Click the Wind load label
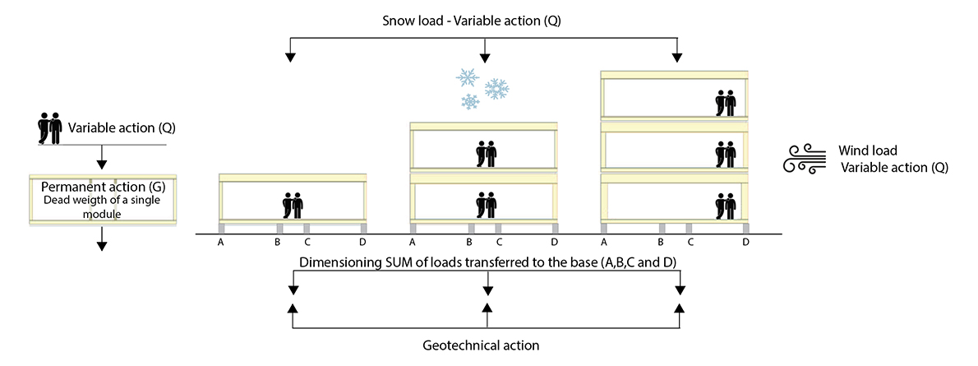point(867,151)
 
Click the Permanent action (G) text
point(102,186)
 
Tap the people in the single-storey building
point(293,204)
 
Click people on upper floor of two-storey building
point(487,154)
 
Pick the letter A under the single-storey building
point(220,242)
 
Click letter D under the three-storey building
point(745,242)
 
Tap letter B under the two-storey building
point(469,242)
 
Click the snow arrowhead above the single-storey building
point(289,58)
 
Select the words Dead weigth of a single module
point(102,206)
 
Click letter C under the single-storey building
point(307,242)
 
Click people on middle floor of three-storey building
point(725,152)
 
